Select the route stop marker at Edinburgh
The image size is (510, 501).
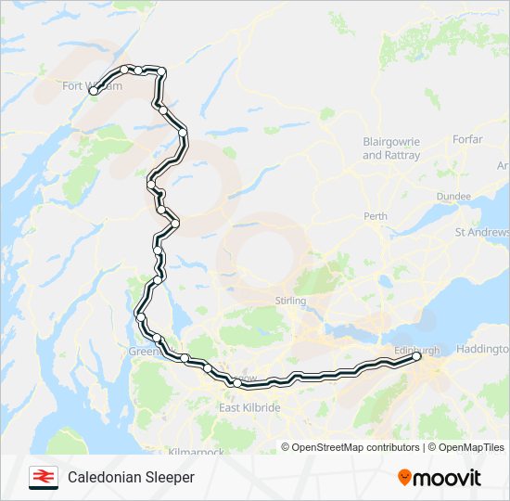point(416,356)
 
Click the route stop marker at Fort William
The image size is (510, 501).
point(93,91)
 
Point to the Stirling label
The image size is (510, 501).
point(290,301)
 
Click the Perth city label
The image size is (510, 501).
point(376,216)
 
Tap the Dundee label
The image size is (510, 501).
point(453,197)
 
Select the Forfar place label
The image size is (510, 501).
point(467,139)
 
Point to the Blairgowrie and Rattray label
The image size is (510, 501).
point(391,148)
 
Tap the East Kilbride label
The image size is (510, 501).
point(249,408)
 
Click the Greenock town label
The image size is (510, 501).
point(144,352)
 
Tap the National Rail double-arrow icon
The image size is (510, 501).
point(44,478)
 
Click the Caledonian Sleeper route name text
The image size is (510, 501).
point(131,478)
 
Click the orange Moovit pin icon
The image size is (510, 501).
point(404,477)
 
